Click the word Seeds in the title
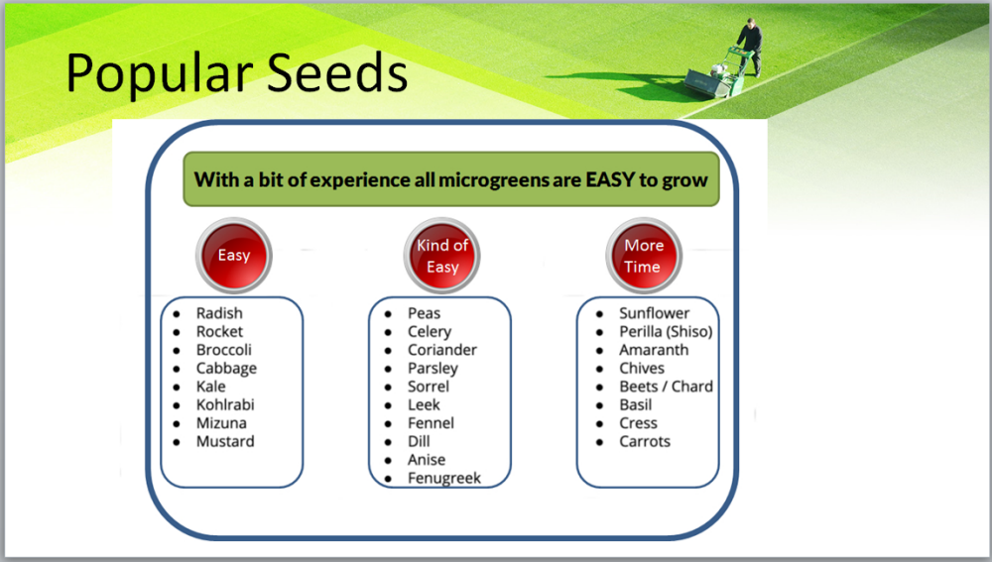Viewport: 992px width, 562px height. [x=337, y=72]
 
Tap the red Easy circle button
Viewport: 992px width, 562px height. [x=234, y=256]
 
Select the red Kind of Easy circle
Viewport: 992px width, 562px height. [x=442, y=256]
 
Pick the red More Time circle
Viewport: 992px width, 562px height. [x=644, y=256]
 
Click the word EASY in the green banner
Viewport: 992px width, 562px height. [x=610, y=180]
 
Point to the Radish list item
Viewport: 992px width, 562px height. [x=219, y=313]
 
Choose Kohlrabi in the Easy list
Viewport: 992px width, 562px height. [x=224, y=404]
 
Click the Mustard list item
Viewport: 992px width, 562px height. [x=224, y=441]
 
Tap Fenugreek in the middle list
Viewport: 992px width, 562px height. [x=444, y=479]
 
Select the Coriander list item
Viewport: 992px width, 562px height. [x=442, y=350]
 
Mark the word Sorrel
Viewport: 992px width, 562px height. [x=429, y=387]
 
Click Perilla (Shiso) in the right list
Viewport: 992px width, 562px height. [x=666, y=332]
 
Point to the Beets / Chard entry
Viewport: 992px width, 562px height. [x=666, y=387]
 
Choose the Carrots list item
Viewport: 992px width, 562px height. [x=644, y=441]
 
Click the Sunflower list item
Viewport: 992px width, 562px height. [x=654, y=313]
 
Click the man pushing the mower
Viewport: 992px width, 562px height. [x=750, y=46]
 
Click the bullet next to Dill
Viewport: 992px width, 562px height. [x=388, y=442]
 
